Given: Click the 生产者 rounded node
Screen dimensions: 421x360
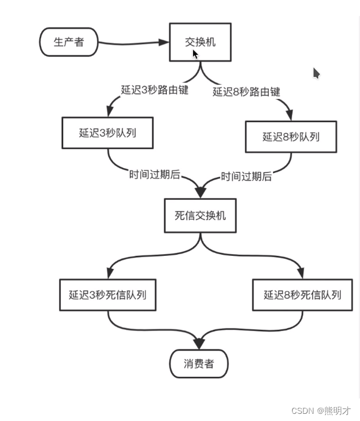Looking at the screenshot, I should [68, 42].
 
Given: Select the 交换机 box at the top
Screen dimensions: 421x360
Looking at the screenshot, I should [200, 42].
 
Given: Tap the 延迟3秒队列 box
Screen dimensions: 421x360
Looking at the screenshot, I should [107, 133].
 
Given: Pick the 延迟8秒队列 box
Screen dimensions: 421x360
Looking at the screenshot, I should [291, 137].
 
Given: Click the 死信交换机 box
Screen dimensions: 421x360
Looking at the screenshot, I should [200, 215].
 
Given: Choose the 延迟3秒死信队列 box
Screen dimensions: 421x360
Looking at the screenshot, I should [107, 295].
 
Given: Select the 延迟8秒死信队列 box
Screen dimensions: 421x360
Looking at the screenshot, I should [303, 295].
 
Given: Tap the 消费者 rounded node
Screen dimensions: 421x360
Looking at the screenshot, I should [199, 364].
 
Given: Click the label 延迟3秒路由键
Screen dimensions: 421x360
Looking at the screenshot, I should [155, 90].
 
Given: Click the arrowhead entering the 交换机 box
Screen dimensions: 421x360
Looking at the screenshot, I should [164, 42].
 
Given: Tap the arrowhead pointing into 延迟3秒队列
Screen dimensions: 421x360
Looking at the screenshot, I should [110, 112].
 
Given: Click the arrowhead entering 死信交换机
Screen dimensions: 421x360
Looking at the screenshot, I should [200, 193].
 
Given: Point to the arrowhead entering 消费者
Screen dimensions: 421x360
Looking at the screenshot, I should [199, 344].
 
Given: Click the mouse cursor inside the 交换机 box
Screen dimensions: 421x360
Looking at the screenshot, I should [195, 54].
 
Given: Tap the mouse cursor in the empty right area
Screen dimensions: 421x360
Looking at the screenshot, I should [316, 73].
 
